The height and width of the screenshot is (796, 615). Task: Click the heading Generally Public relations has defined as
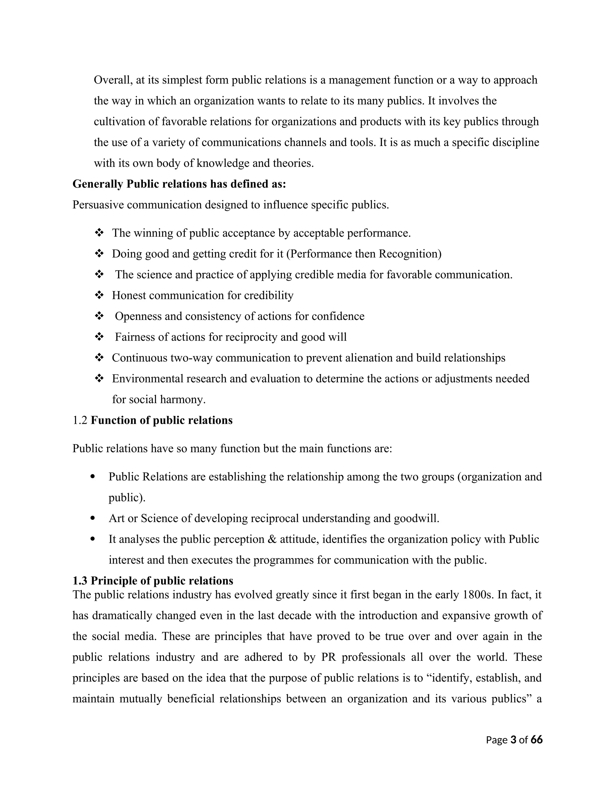pyautogui.click(x=179, y=184)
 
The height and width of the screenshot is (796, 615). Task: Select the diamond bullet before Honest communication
pyautogui.click(x=99, y=295)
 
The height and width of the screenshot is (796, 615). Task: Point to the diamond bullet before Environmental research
pyautogui.click(x=99, y=378)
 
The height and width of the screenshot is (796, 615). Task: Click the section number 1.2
pyautogui.click(x=80, y=420)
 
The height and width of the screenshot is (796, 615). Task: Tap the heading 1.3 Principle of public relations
pyautogui.click(x=153, y=581)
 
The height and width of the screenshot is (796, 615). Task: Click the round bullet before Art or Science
pyautogui.click(x=92, y=518)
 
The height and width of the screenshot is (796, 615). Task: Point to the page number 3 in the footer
pyautogui.click(x=514, y=740)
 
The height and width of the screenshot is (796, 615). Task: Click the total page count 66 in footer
pyautogui.click(x=537, y=740)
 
